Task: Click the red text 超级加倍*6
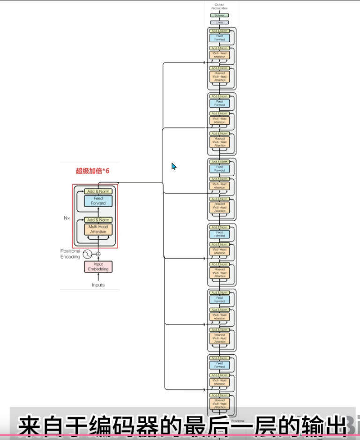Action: pos(93,171)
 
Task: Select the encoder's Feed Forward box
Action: pos(98,201)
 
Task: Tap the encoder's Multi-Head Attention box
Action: pos(98,229)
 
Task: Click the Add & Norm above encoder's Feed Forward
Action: pos(98,191)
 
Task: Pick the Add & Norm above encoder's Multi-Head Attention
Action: pos(98,220)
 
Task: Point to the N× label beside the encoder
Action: pos(67,218)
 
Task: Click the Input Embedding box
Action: pos(98,267)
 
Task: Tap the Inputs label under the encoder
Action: pos(98,285)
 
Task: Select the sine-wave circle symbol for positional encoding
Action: pos(88,254)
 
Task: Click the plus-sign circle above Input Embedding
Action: pos(98,254)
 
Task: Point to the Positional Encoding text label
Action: pos(70,254)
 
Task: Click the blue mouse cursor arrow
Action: pos(173,166)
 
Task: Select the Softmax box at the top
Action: pos(219,15)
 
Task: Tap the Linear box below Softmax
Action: pos(219,22)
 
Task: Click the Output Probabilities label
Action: pos(219,7)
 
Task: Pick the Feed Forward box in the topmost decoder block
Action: pos(219,37)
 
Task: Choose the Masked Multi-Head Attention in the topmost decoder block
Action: pos(219,77)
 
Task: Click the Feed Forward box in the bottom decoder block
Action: pos(219,365)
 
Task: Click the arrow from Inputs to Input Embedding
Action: pos(98,277)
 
